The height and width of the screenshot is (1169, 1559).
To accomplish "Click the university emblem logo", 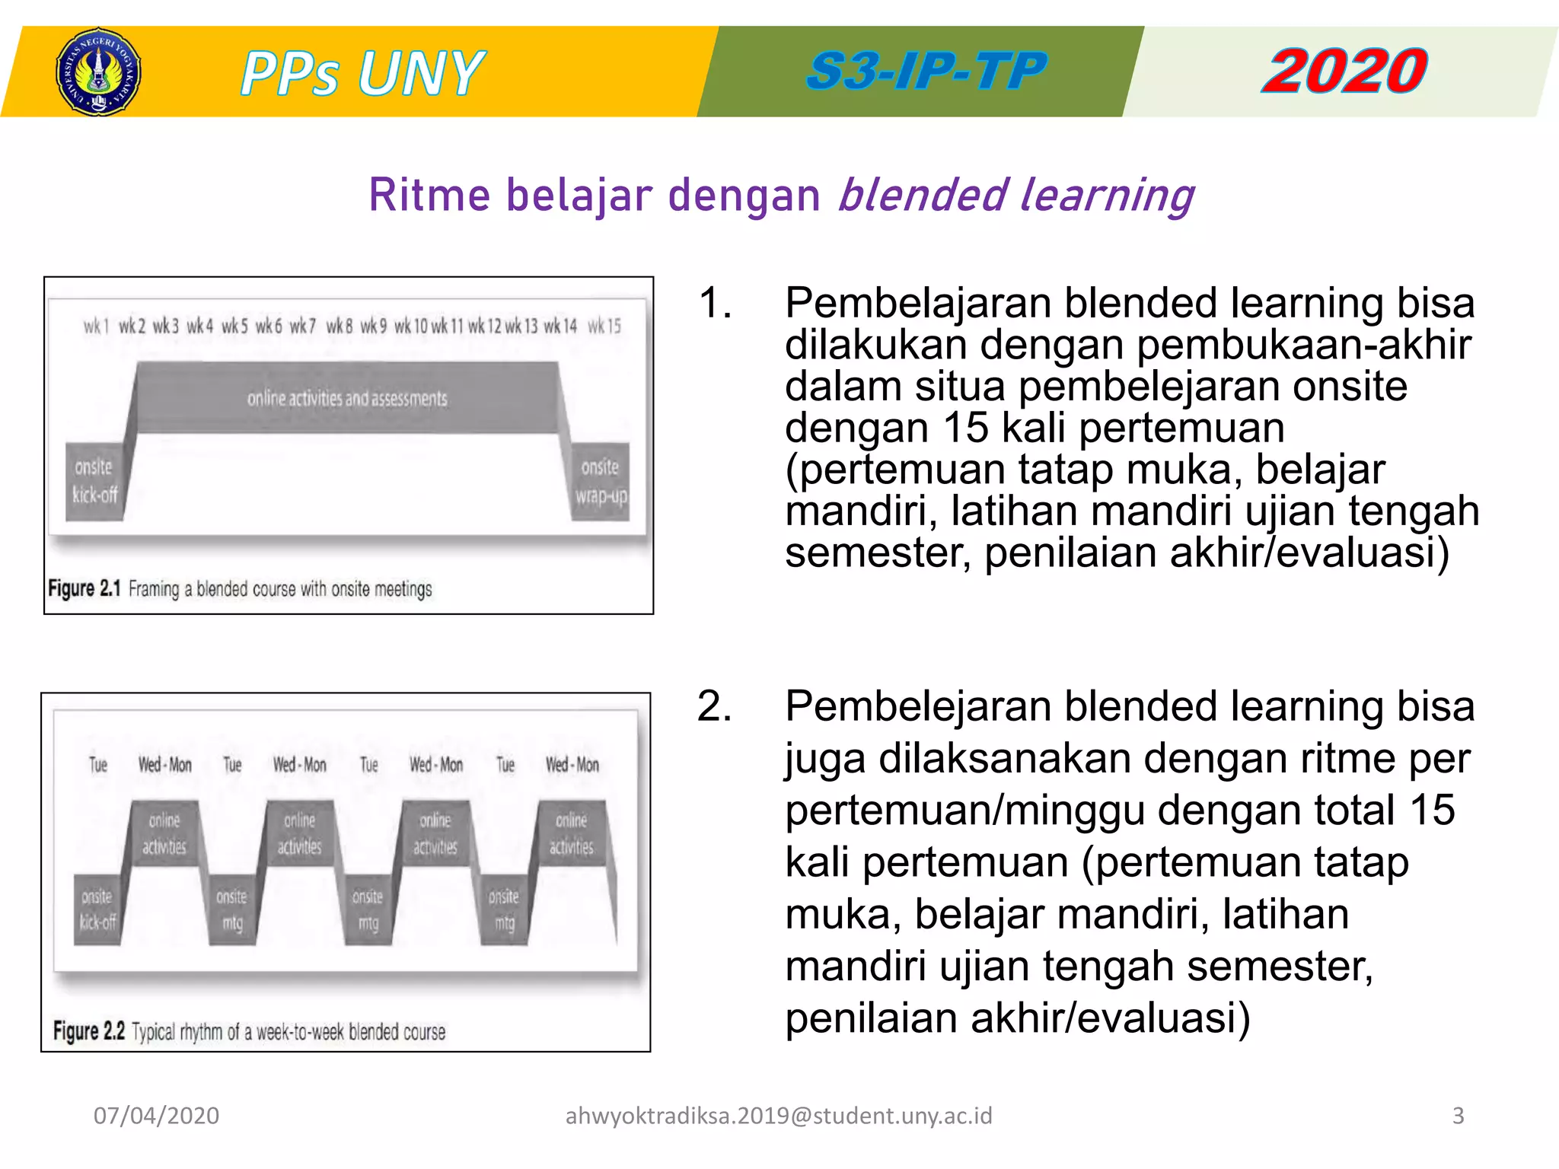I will [x=98, y=72].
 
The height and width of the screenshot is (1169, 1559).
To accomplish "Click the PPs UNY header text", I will [x=362, y=73].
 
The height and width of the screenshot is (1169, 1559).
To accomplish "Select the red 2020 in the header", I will [x=1344, y=72].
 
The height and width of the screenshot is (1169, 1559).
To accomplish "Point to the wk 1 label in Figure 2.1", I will [x=96, y=326].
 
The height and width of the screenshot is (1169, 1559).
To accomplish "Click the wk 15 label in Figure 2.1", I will [x=604, y=326].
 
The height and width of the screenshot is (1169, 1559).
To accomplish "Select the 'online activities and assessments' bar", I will [x=347, y=398].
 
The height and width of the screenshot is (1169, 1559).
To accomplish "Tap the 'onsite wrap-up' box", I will [x=601, y=481].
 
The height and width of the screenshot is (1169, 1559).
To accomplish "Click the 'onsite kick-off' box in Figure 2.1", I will [x=94, y=481].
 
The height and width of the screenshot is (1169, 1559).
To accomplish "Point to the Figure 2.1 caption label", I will [x=84, y=588].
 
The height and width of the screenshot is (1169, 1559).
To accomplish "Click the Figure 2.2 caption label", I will [x=89, y=1031].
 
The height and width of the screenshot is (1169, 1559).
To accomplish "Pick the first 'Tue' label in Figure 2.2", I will [x=98, y=764].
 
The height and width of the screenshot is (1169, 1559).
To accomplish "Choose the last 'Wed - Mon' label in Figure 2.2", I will [x=572, y=764].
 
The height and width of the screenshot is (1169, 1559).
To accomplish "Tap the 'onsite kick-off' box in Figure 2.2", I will [x=97, y=909].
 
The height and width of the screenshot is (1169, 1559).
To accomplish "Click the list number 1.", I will [x=715, y=303].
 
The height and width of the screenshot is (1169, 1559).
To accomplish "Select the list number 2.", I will [x=715, y=706].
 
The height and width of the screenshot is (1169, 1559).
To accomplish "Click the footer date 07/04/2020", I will [x=156, y=1116].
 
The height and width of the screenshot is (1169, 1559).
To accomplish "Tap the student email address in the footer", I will [x=779, y=1116].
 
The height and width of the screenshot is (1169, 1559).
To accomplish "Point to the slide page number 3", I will [x=1458, y=1116].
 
